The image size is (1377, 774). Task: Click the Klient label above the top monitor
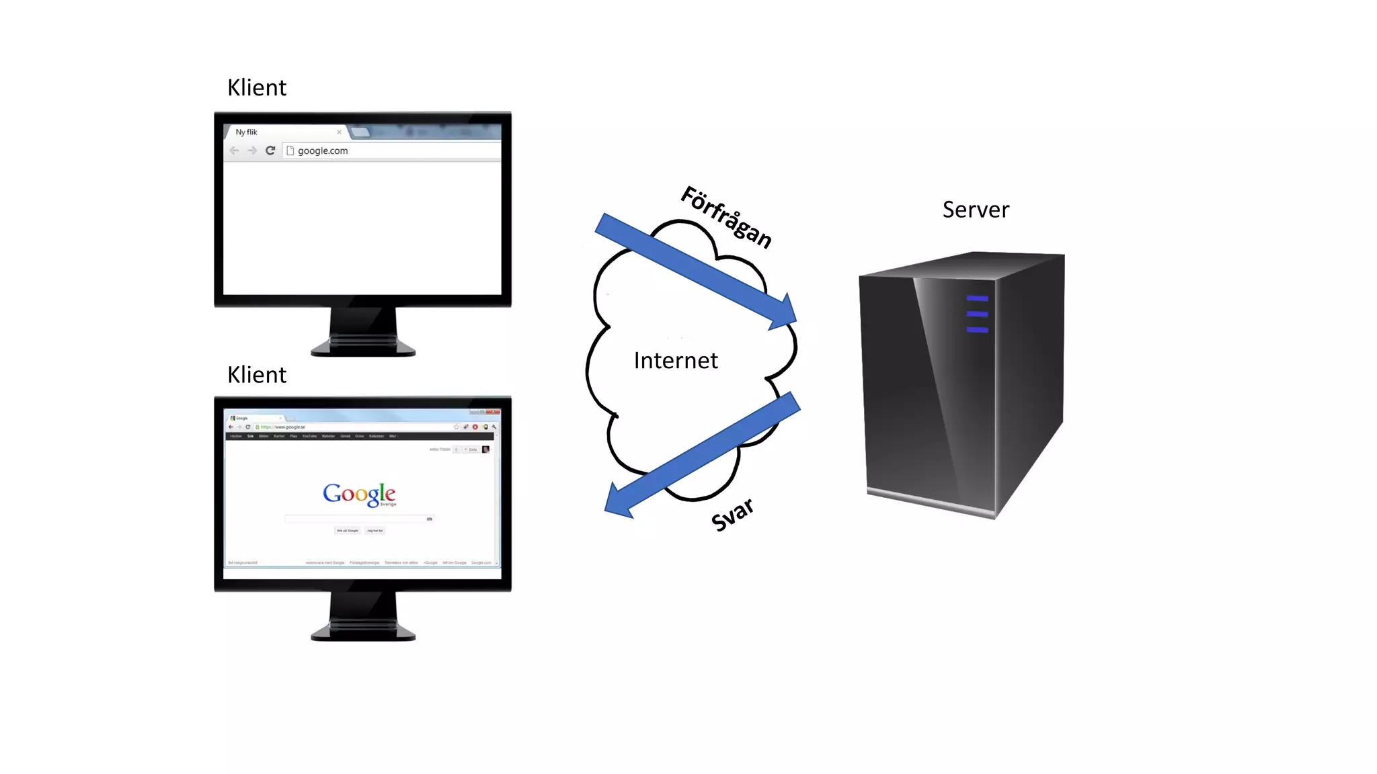[x=256, y=88]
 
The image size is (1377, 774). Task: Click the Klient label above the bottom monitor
[x=256, y=375]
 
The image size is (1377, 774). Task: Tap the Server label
[x=976, y=210]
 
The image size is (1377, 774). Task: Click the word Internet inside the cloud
[x=676, y=361]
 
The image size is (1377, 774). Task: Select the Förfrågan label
[x=726, y=217]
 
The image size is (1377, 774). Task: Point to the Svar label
[x=732, y=515]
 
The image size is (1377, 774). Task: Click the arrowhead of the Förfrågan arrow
[x=784, y=314]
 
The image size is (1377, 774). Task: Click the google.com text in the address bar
[x=323, y=151]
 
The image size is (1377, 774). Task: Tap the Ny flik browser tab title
[x=246, y=132]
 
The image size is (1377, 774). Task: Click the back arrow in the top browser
[x=234, y=150]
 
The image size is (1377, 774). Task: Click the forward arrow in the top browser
[x=252, y=150]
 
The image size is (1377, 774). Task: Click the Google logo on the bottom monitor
[x=359, y=494]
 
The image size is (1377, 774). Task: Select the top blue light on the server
[x=977, y=298]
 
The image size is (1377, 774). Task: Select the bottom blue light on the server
[x=977, y=330]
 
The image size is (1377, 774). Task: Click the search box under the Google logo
[x=356, y=519]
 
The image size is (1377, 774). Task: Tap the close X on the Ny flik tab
[x=339, y=132]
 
